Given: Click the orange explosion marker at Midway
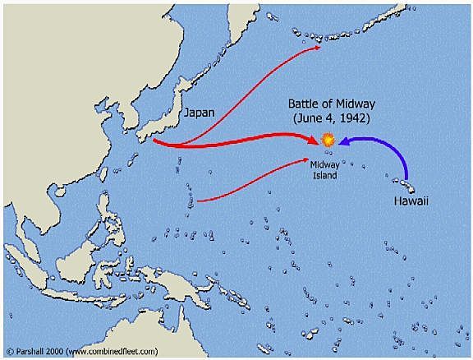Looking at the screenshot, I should [x=328, y=141].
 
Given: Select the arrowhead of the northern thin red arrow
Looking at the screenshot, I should [x=318, y=48].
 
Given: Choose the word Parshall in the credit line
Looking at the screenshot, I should [x=32, y=351].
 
